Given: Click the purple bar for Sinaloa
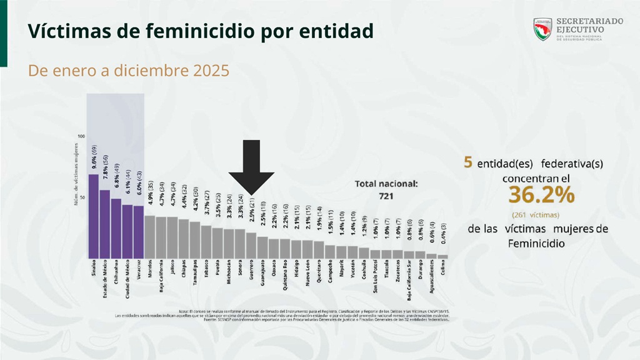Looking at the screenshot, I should tap(93, 216).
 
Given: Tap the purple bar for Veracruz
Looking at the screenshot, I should tap(138, 232).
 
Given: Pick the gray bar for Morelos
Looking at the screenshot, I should tap(149, 237).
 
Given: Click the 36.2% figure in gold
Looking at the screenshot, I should tap(541, 196).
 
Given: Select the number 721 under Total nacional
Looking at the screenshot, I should tap(385, 196).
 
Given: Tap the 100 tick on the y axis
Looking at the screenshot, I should tap(81, 136).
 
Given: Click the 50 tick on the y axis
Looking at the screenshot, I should tap(82, 197).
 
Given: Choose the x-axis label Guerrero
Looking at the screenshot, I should tap(251, 272).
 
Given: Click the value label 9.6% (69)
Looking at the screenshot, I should tap(94, 158).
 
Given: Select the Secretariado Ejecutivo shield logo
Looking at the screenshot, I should tap(542, 29).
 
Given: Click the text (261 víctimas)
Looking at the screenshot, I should tap(538, 214).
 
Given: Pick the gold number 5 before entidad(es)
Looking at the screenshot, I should tap(467, 162).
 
